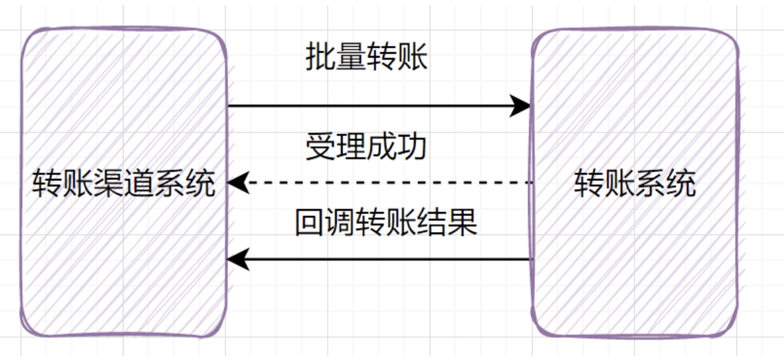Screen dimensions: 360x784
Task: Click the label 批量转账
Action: coord(367,58)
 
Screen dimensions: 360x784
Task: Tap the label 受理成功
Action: coord(366,147)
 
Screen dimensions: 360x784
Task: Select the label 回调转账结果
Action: coord(386,222)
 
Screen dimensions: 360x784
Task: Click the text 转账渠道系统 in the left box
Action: coord(124,184)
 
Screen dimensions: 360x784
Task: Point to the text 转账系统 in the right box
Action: coord(634,184)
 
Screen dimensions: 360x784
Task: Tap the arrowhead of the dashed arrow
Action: coord(237,183)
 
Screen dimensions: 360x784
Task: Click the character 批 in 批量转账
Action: coord(320,58)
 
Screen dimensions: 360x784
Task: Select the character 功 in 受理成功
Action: coord(412,147)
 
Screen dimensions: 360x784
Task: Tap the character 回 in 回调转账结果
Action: coord(309,222)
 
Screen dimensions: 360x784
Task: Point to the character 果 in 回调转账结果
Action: coord(463,222)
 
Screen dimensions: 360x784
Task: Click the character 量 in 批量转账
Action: coord(351,58)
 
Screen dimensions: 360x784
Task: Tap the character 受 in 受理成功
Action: coord(320,147)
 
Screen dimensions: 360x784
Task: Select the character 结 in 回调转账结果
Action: coord(432,222)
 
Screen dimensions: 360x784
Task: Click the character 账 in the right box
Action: coord(620,184)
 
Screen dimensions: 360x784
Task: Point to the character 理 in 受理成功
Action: coord(351,147)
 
